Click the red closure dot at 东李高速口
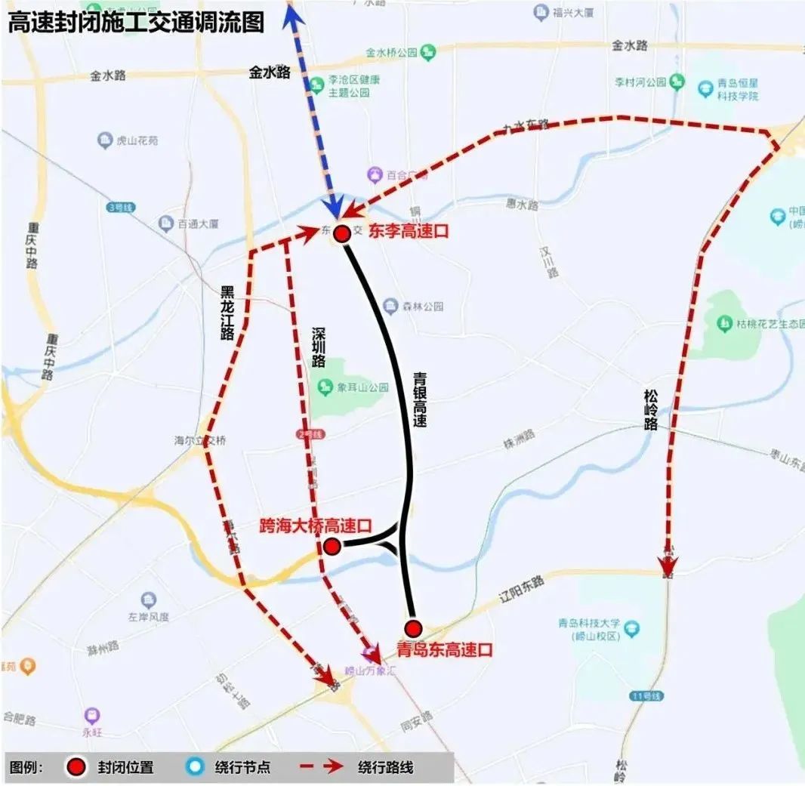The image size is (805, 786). pos(341,233)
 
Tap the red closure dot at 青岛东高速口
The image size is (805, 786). pos(412,628)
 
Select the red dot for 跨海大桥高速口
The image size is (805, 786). pos(331,546)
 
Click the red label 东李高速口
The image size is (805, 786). pos(409,233)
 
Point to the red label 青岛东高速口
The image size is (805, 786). pos(446,649)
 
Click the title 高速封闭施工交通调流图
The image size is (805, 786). pos(137,23)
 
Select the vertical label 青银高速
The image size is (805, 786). pos(420,399)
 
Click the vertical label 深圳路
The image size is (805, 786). pos(319,347)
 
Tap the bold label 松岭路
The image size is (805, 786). pos(652,409)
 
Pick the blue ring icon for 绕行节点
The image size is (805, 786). pos(196,767)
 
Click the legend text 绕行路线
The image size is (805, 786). pos(386,768)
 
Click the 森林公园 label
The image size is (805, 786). pos(423,307)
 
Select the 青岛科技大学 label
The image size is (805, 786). pos(589,624)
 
